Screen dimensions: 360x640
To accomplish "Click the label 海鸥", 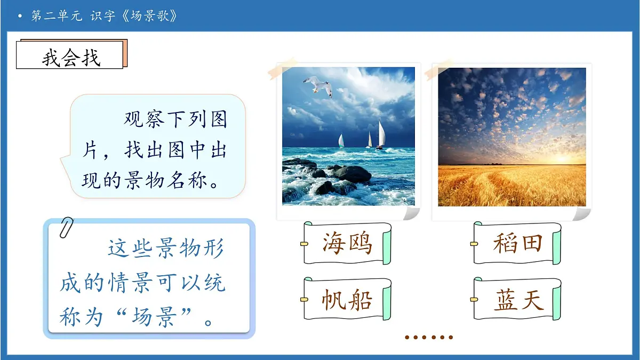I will point(347,244).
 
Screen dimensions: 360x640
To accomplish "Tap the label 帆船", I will point(347,300).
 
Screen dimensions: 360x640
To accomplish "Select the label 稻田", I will point(517,244).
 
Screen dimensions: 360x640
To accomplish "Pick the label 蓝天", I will point(517,300).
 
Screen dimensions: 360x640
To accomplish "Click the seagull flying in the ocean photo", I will point(318,85).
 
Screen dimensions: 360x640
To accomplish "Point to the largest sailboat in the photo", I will point(381,135).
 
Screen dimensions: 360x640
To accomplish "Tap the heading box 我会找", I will point(71,55).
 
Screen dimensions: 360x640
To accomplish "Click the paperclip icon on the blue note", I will point(67,228).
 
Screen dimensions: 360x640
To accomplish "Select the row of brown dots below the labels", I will point(428,337).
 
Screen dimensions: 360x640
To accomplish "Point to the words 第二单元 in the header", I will point(57,16).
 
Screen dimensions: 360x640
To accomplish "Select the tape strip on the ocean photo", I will point(283,67).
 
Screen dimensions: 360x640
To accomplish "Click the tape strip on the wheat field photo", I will point(438,71).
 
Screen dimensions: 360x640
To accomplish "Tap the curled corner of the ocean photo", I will point(411,213).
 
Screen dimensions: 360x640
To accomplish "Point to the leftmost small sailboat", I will point(341,141).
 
